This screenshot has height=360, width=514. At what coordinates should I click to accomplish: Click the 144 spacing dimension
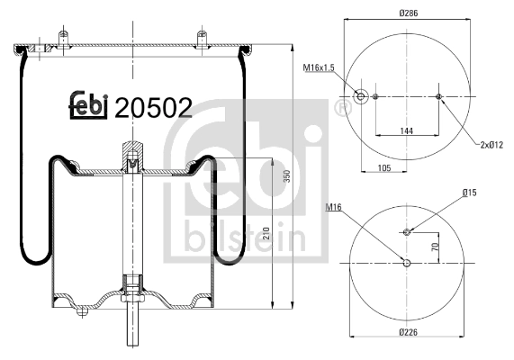click(407, 130)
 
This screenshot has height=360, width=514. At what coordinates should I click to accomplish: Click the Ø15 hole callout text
click(469, 193)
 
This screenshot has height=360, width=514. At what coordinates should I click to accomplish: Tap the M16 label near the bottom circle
click(334, 209)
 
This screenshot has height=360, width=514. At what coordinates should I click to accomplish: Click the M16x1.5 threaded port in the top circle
click(361, 97)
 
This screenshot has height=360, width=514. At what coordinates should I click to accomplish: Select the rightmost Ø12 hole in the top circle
click(438, 97)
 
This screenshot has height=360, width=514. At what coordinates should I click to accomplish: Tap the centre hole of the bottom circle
click(407, 263)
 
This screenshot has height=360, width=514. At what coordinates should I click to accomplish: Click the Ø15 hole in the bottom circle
click(407, 232)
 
